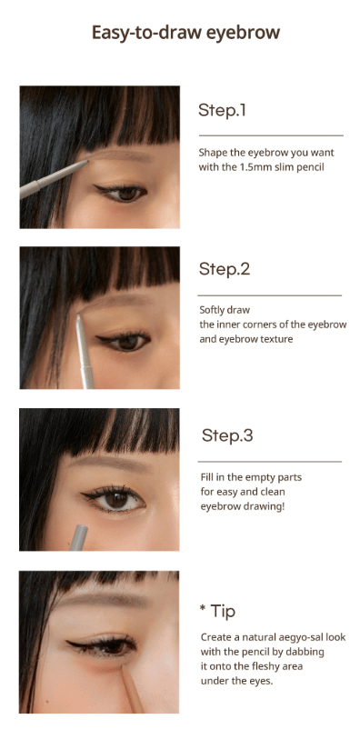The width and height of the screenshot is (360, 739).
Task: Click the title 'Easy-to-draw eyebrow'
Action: [x=185, y=34]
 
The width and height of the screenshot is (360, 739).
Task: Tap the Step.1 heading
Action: [x=223, y=111]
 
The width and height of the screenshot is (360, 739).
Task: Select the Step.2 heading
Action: [x=225, y=269]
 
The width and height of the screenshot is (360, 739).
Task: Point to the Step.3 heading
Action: [x=227, y=435]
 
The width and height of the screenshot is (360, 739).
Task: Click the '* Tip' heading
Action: [x=217, y=610]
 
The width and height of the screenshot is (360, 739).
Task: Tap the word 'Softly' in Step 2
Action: [x=212, y=310]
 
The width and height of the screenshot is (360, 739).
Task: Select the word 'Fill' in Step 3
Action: [x=207, y=477]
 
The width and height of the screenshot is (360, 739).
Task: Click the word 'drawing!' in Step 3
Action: [x=264, y=505]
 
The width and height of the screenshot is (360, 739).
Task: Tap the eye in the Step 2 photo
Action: [x=128, y=341]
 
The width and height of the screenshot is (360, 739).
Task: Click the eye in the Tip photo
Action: [x=113, y=647]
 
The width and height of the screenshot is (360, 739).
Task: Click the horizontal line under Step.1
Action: [x=270, y=135]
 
